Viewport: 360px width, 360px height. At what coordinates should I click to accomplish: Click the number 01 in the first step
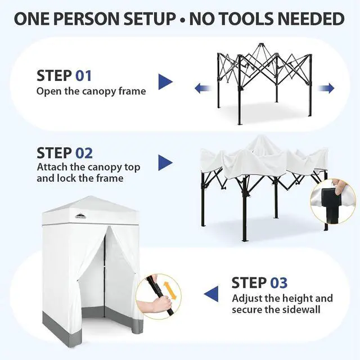(84, 76)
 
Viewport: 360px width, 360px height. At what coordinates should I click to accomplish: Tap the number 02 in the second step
(84, 153)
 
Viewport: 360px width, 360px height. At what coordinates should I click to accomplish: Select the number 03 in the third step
(279, 282)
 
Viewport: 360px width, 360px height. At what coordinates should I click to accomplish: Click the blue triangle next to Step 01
(165, 82)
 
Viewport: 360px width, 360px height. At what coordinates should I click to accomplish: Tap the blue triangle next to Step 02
(165, 163)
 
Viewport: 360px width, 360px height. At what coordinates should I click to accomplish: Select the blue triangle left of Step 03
(211, 294)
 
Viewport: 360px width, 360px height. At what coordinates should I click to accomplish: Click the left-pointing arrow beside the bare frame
(203, 88)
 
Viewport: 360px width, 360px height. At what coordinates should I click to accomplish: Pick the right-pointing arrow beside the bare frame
(326, 88)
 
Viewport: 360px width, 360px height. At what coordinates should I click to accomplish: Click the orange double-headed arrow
(170, 291)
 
